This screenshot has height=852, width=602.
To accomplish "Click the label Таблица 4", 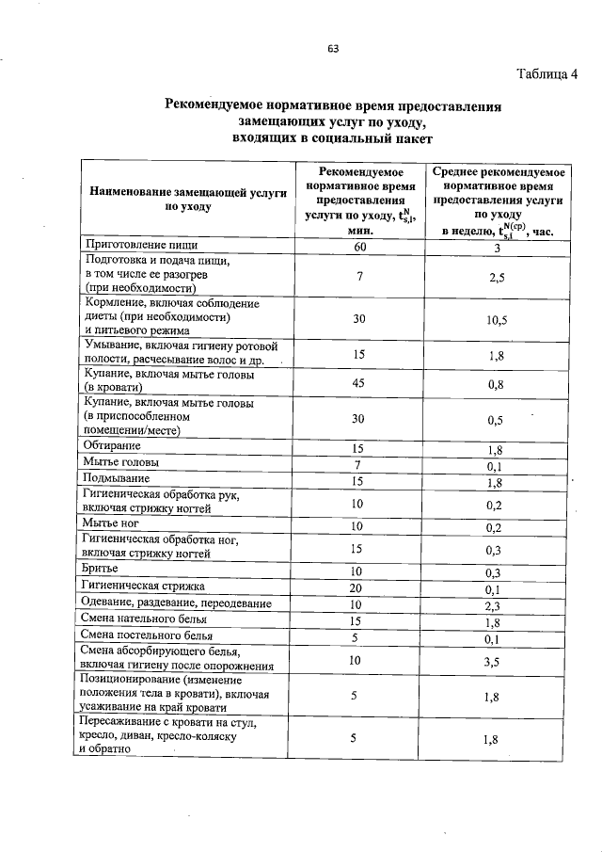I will click(x=547, y=74).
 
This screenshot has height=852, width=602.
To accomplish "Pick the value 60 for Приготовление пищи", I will click(x=358, y=247).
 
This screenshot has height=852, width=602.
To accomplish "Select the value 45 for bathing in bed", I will click(x=358, y=381).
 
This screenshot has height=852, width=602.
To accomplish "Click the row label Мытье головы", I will click(x=120, y=463).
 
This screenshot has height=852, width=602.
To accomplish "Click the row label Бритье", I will click(x=101, y=570).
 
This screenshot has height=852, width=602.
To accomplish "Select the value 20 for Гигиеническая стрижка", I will click(x=357, y=587).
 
